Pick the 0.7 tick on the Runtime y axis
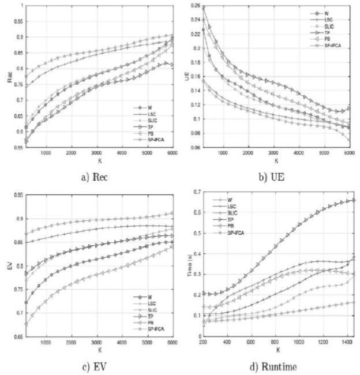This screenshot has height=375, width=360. tap(198, 191)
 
